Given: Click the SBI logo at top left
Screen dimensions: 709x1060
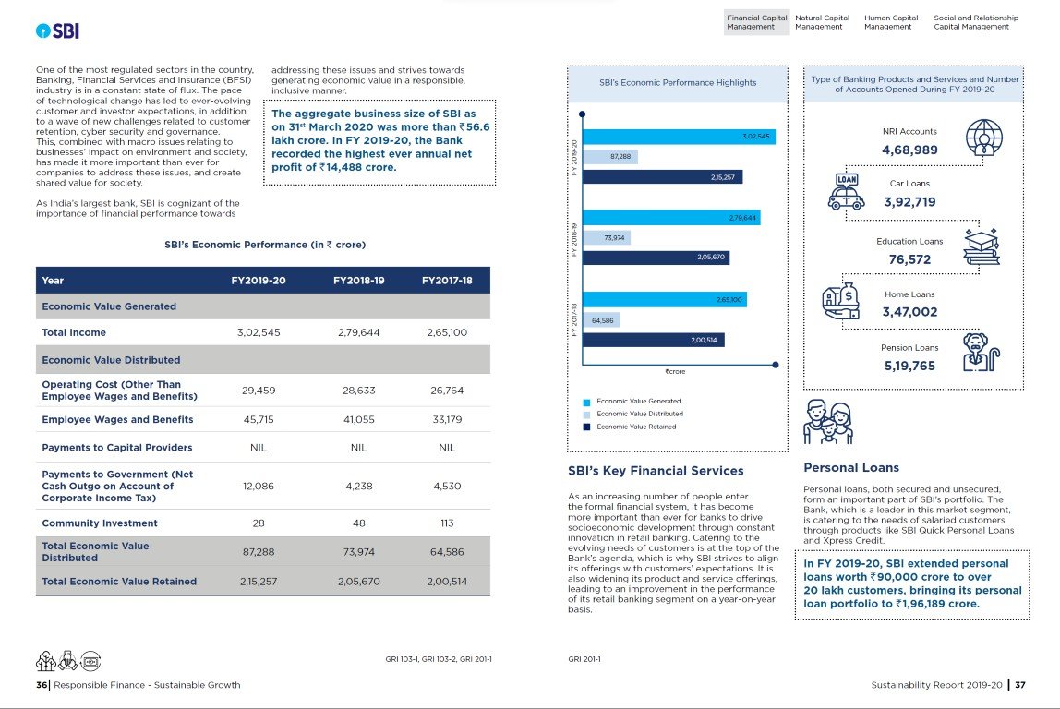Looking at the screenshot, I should pyautogui.click(x=57, y=30).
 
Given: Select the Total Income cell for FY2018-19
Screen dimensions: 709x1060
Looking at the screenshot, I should pyautogui.click(x=358, y=332).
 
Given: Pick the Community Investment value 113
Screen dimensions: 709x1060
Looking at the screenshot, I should pyautogui.click(x=447, y=523).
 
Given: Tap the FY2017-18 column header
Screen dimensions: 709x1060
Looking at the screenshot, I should pyautogui.click(x=447, y=281).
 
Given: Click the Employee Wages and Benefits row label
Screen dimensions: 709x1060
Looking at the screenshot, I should pyautogui.click(x=117, y=420).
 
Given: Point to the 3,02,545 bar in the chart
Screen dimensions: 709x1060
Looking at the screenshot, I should pyautogui.click(x=679, y=137).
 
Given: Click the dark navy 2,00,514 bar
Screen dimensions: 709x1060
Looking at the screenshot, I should pyautogui.click(x=654, y=341).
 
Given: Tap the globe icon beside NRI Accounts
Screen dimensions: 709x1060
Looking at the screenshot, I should pyautogui.click(x=984, y=138).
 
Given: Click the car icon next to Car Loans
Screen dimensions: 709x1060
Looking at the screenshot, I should pyautogui.click(x=847, y=193).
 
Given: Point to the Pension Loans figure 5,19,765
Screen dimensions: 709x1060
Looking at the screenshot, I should pyautogui.click(x=909, y=366).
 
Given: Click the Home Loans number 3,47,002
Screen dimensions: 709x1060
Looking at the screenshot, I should pyautogui.click(x=909, y=312).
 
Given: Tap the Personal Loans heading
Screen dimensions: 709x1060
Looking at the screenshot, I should pyautogui.click(x=851, y=468).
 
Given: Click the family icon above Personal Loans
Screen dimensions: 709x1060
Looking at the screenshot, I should pyautogui.click(x=828, y=423).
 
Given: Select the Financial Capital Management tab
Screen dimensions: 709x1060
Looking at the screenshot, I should pyautogui.click(x=757, y=22).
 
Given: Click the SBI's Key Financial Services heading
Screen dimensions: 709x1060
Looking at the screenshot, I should pyautogui.click(x=656, y=471).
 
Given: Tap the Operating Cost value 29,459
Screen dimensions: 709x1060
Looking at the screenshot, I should pyautogui.click(x=259, y=391).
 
